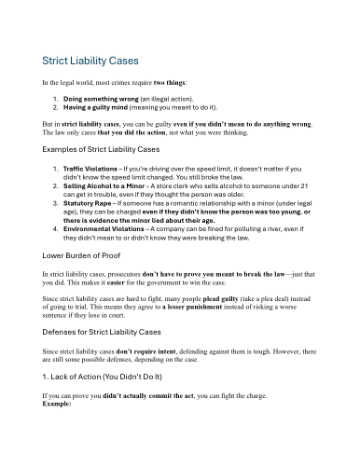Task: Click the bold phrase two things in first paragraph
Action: pos(245,83)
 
